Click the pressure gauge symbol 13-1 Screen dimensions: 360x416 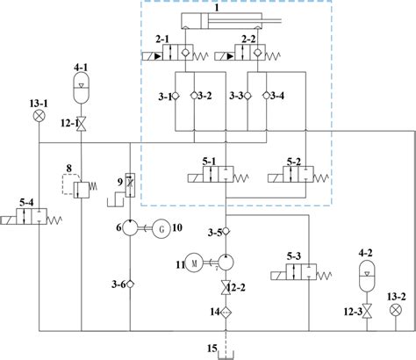[38, 115]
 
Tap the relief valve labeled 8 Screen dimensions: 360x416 [82, 189]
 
